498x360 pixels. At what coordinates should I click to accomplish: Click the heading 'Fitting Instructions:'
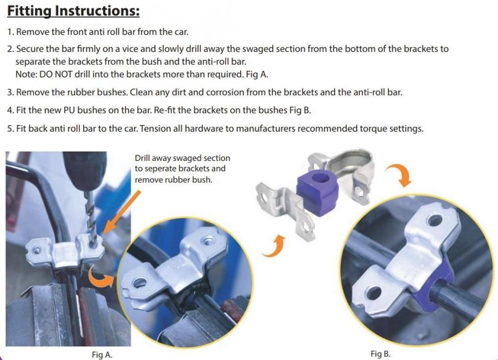click(x=74, y=11)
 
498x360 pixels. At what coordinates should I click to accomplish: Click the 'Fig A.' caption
click(x=102, y=354)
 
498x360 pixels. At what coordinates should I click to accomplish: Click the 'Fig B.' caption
click(x=381, y=354)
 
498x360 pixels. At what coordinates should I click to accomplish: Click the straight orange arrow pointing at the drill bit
click(x=122, y=212)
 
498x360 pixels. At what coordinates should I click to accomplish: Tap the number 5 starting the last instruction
click(x=9, y=128)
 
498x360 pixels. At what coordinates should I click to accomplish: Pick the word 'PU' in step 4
click(x=69, y=110)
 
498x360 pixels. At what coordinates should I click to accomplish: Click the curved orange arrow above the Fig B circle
click(x=400, y=174)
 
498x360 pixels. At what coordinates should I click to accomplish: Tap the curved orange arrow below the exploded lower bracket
click(x=274, y=247)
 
